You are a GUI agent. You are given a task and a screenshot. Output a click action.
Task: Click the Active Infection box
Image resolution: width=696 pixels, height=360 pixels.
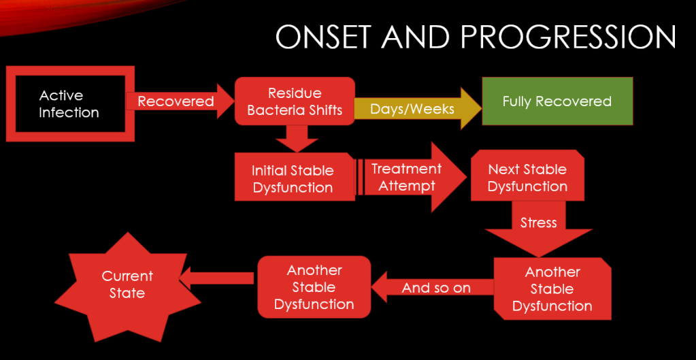pyautogui.click(x=69, y=103)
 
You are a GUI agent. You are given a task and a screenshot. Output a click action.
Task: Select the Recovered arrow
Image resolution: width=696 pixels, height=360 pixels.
pyautogui.click(x=176, y=101)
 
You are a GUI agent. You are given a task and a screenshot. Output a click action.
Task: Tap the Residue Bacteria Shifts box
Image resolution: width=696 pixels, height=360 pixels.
pyautogui.click(x=295, y=101)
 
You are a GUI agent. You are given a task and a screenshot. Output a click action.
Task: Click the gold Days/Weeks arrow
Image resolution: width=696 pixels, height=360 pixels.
pyautogui.click(x=412, y=108)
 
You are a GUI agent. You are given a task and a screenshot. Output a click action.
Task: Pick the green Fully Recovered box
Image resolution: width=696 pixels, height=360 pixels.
pyautogui.click(x=557, y=101)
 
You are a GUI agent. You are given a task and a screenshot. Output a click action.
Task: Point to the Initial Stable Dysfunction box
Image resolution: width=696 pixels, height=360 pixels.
pyautogui.click(x=293, y=178)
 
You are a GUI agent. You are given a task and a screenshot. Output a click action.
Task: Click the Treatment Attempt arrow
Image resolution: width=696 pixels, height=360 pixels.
pyautogui.click(x=407, y=177)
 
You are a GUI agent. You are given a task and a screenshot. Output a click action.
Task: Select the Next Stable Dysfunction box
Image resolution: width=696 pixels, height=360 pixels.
pyautogui.click(x=527, y=177)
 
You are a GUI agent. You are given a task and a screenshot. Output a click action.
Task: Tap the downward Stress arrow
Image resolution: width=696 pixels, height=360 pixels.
pyautogui.click(x=538, y=225)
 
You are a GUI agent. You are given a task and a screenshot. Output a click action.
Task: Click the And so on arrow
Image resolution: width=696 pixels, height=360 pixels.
pyautogui.click(x=435, y=288)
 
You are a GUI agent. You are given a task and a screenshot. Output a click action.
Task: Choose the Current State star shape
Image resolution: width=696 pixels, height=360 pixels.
pyautogui.click(x=127, y=285)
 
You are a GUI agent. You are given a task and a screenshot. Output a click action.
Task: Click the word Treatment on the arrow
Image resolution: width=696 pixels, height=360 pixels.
pyautogui.click(x=406, y=169)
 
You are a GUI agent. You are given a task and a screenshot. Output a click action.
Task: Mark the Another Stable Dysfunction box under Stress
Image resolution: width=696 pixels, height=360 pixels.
pyautogui.click(x=552, y=289)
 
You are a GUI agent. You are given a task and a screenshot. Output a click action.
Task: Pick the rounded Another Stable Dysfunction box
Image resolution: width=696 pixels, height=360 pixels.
pyautogui.click(x=314, y=287)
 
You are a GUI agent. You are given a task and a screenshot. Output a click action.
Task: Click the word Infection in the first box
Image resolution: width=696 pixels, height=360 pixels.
pyautogui.click(x=69, y=113)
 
